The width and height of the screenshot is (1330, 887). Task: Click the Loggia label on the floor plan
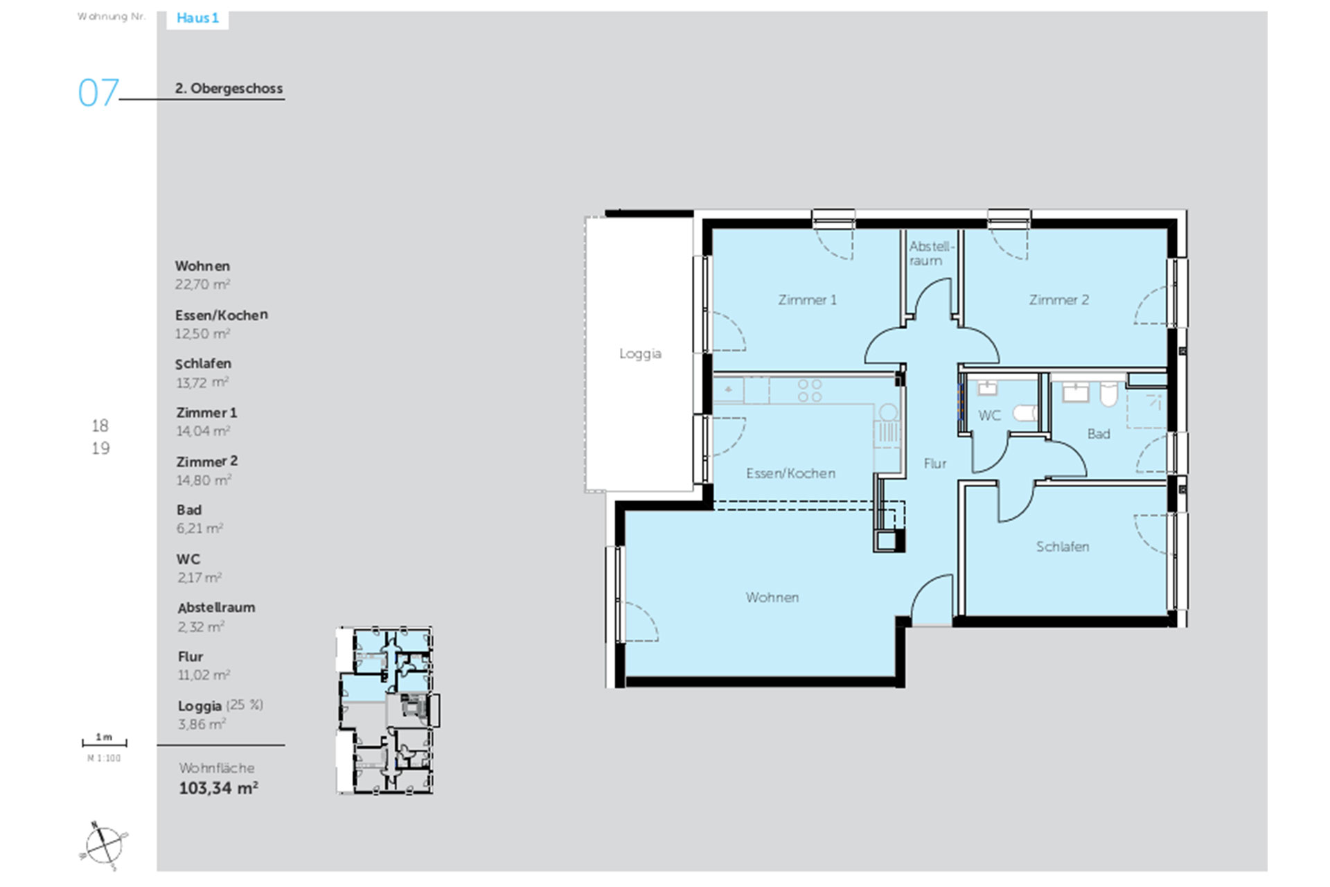(x=640, y=354)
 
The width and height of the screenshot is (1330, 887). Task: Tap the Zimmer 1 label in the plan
(x=807, y=300)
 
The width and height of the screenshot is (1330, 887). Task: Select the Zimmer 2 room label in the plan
(x=1058, y=300)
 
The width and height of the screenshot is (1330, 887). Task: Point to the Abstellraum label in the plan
(x=931, y=254)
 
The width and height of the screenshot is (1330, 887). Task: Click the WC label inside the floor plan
(x=989, y=416)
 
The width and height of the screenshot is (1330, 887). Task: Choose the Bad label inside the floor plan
(x=1099, y=434)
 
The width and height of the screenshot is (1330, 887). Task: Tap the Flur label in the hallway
(x=934, y=464)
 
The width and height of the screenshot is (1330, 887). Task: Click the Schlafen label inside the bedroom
(x=1062, y=547)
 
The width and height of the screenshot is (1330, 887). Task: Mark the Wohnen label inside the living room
(x=772, y=597)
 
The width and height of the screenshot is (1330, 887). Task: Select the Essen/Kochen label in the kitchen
(x=790, y=473)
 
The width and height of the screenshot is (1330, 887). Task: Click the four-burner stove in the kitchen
(x=809, y=390)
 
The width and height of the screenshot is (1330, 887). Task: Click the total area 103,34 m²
(x=218, y=788)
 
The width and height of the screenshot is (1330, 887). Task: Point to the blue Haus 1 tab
(x=197, y=19)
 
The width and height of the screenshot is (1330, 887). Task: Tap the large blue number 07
(x=98, y=93)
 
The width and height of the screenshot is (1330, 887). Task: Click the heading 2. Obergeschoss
(x=229, y=89)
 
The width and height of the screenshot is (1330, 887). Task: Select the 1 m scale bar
(x=105, y=743)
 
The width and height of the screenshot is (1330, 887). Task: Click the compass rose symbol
(x=104, y=845)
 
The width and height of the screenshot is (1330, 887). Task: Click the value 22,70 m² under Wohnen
(x=202, y=284)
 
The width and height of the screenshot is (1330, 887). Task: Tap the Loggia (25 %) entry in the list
(x=220, y=705)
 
